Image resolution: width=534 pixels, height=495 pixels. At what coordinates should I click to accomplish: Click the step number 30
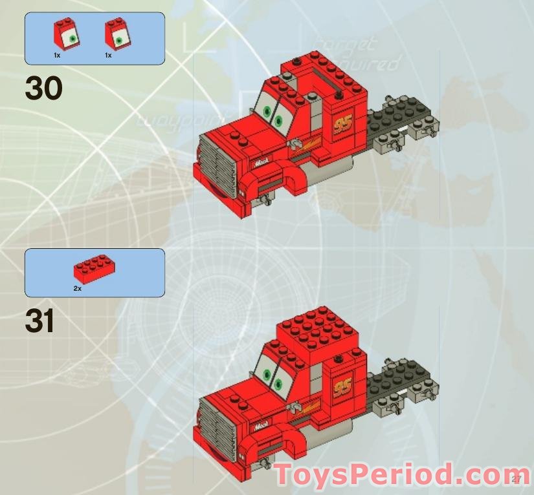pos(43,89)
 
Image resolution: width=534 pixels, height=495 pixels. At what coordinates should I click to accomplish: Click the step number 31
pos(39,321)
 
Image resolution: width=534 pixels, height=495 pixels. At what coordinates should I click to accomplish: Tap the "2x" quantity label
pos(77,288)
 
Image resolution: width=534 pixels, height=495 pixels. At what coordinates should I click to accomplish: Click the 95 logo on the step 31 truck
pos(342,386)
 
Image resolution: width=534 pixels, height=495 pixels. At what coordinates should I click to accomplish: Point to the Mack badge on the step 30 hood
pos(261,163)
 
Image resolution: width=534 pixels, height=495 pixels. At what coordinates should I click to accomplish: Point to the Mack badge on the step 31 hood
pos(261,425)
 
